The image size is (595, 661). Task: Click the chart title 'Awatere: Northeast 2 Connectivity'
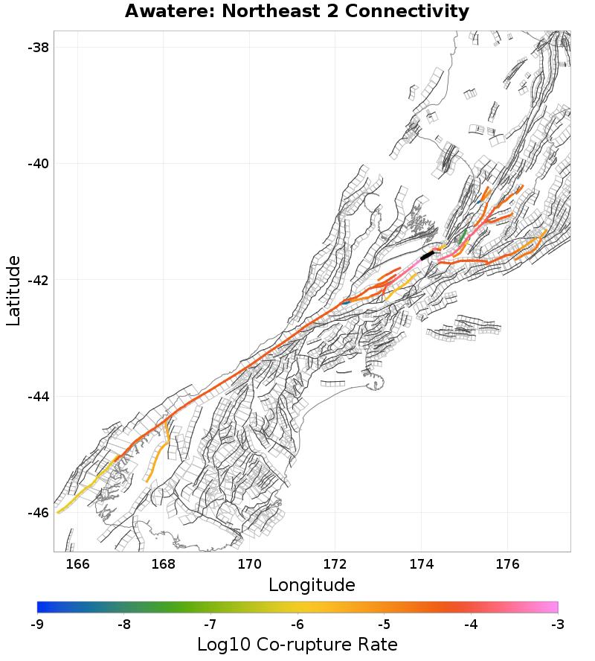[x=297, y=12]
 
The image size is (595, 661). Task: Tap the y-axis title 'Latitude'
[x=13, y=290]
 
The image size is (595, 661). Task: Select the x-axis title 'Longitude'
[x=311, y=584]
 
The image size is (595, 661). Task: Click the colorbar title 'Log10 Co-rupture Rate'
[x=297, y=644]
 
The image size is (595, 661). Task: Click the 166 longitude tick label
[x=77, y=563]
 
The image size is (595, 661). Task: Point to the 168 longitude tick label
[x=164, y=563]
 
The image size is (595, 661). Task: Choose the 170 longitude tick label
[x=249, y=563]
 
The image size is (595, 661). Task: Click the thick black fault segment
[x=427, y=255]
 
